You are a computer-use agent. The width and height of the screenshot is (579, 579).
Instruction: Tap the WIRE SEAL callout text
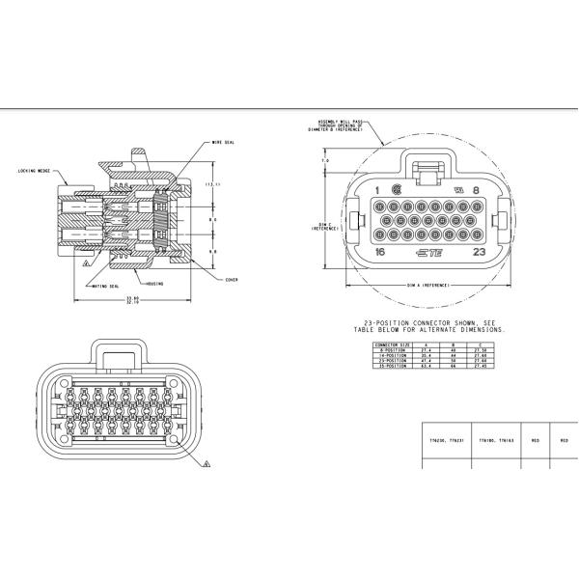223,142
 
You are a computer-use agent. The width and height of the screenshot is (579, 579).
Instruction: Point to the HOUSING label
155,284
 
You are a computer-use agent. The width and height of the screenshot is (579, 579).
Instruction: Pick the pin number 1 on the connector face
377,190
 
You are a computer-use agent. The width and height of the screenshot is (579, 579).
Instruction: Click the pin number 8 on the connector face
476,190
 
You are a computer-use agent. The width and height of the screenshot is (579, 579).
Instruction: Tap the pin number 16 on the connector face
380,253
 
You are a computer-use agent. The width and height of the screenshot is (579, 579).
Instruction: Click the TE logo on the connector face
427,254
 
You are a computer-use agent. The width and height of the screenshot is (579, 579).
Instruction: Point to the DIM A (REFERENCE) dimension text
427,287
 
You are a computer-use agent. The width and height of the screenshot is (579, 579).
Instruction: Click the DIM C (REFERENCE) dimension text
323,227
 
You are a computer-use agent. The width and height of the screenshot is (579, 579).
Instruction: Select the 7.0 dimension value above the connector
325,160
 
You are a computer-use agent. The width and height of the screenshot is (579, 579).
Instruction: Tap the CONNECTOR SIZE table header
393,344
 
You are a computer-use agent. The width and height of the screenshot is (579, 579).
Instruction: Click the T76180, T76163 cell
494,440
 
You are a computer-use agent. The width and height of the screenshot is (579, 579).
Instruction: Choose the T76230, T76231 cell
446,440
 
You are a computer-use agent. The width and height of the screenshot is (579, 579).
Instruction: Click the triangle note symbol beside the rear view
207,462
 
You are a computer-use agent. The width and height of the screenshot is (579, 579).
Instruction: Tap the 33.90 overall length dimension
132,298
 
